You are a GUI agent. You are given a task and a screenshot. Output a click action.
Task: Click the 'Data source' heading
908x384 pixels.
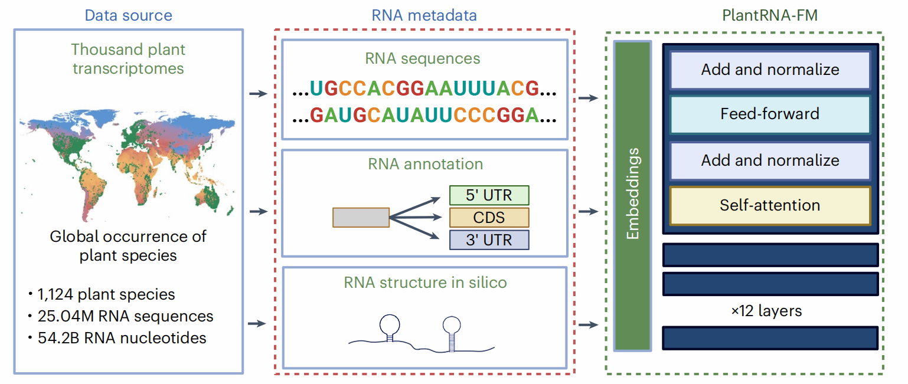[128, 15]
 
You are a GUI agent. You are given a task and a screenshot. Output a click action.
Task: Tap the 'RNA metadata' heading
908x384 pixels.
[424, 15]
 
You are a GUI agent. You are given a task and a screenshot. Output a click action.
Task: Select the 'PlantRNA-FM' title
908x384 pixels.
[770, 15]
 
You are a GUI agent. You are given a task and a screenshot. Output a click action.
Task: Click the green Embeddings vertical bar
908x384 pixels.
[632, 195]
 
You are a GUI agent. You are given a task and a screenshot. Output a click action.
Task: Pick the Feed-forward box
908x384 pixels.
[770, 114]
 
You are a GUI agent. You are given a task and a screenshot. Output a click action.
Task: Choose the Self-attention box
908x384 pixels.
[770, 205]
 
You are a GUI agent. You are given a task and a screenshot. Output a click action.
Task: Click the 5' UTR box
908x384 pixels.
[489, 195]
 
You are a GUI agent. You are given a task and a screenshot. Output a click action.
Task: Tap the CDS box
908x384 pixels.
[489, 217]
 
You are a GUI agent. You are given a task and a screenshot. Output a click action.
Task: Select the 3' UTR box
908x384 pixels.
[489, 239]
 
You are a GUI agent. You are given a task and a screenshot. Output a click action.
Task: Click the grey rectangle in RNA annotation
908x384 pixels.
[361, 217]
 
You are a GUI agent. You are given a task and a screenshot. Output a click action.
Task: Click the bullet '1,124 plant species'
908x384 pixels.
[105, 294]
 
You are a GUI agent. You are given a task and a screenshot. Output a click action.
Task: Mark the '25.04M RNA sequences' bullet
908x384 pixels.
[124, 316]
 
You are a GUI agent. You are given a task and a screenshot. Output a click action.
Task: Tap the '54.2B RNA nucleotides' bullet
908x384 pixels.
[120, 338]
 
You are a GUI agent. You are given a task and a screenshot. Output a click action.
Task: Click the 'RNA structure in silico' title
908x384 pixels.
[425, 283]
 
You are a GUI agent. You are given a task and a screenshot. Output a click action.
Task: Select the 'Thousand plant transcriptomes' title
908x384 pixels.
[128, 58]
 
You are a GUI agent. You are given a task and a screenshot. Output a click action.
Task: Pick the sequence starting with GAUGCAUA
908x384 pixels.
[425, 114]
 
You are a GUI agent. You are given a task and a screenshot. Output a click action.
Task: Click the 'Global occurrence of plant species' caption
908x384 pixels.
[128, 246]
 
